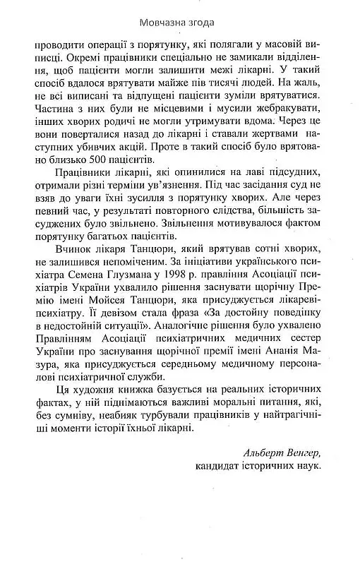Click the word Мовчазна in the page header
[x=164, y=22]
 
